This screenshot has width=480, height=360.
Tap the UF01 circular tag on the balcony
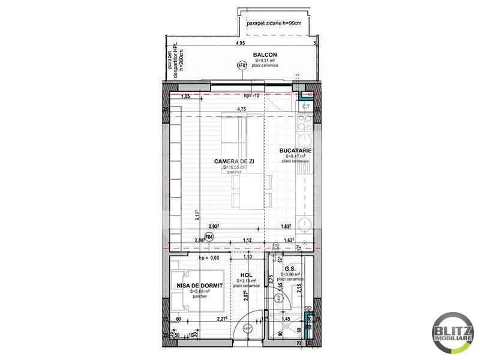242,66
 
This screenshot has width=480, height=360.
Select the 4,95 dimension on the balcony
241,44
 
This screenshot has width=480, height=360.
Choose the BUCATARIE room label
295,151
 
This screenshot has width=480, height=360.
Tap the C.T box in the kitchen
305,106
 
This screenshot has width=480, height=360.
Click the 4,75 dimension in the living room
241,109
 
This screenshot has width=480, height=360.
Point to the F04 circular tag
209,237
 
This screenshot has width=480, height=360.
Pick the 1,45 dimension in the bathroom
287,320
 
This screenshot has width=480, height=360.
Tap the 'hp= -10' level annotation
251,96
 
